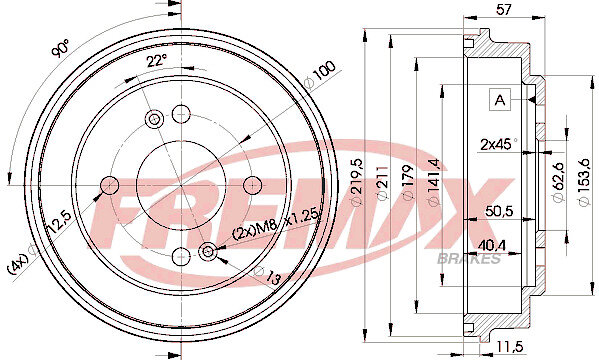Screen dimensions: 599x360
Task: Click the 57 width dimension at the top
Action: tap(503, 9)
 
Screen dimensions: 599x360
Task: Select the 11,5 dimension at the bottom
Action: tap(509, 346)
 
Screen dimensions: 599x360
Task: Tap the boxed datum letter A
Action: tap(500, 100)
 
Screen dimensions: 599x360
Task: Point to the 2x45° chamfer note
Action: tap(499, 144)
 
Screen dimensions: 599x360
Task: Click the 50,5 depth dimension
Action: tap(499, 211)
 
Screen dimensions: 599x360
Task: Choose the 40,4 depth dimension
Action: tap(491, 245)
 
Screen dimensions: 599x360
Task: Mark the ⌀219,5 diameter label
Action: tap(357, 182)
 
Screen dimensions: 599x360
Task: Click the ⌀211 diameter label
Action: tap(382, 183)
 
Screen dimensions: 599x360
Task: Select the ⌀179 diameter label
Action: tap(408, 182)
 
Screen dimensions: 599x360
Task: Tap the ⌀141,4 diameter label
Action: tap(434, 182)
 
